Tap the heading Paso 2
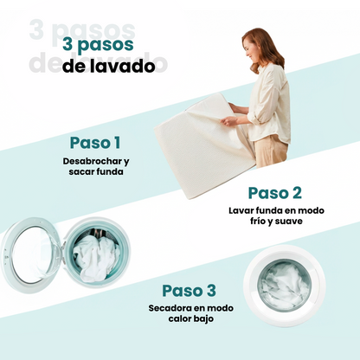[x=274, y=192]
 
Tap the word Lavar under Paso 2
[x=242, y=210]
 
